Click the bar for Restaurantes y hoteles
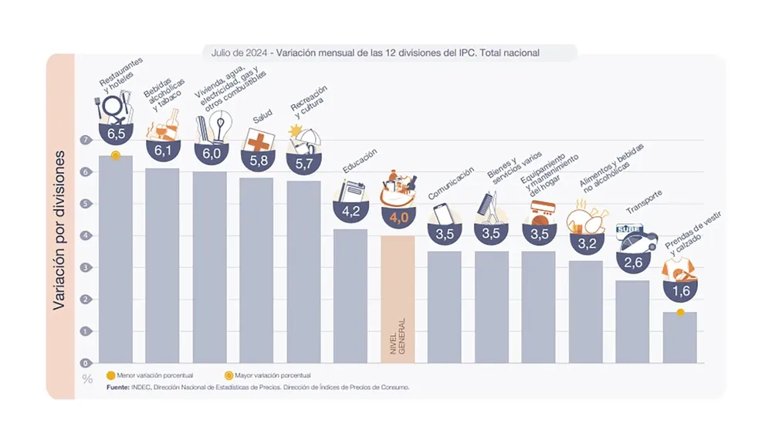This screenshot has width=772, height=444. (115, 259)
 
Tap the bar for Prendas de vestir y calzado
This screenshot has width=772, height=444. (679, 337)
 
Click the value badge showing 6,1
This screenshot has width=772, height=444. (162, 151)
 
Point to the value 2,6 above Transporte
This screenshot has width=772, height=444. (632, 263)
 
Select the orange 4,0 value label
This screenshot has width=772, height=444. (398, 218)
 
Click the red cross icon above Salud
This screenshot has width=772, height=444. (256, 141)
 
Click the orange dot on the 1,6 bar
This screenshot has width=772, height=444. (680, 312)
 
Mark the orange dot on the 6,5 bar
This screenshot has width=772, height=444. (115, 156)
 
